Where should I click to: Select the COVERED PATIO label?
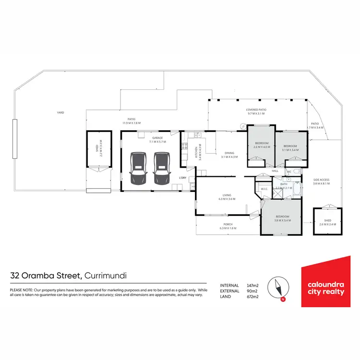pyautogui.click(x=256, y=110)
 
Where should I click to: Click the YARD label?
pyautogui.click(x=60, y=112)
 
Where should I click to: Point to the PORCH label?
pyautogui.click(x=228, y=224)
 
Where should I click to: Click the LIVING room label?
pyautogui.click(x=227, y=195)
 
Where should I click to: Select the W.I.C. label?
pyautogui.click(x=264, y=189)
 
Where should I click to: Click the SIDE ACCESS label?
pyautogui.click(x=321, y=180)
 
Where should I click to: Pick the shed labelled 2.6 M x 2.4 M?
pyautogui.click(x=327, y=222)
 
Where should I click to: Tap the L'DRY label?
pyautogui.click(x=182, y=178)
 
